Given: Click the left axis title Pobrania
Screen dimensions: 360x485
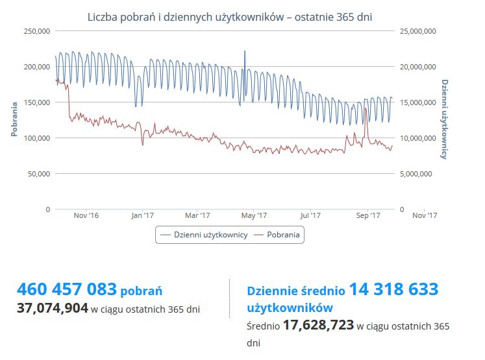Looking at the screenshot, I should (14, 119).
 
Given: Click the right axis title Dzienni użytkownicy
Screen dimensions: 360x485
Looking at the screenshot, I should (445, 119).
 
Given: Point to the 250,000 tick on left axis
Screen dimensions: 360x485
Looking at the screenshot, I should (37, 30).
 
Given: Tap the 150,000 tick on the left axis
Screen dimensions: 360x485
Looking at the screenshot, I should (37, 102).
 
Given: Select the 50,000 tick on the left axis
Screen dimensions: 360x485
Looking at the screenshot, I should (39, 173).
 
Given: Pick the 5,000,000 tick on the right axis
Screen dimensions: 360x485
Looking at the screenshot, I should (417, 173).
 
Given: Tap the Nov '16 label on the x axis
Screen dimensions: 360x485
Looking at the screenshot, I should (86, 215).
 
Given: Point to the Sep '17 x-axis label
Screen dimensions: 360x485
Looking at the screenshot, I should (367, 215).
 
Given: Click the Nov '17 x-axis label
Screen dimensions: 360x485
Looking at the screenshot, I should (423, 215).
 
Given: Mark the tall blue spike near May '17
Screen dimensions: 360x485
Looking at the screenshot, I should (245, 52).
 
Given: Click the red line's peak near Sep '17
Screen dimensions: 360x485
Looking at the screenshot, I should (366, 108).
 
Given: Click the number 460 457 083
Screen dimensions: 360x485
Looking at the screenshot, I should (67, 289).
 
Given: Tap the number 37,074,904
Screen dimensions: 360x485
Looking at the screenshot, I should (52, 309).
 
